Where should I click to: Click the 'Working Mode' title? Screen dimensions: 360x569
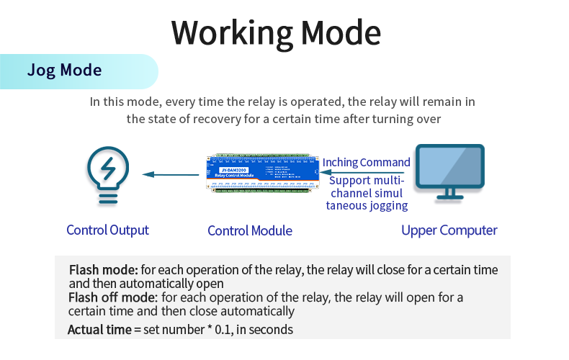click(276, 33)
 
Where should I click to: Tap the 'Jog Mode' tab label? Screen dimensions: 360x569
click(64, 71)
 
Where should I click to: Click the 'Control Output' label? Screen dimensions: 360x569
click(107, 230)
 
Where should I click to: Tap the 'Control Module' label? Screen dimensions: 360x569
click(250, 231)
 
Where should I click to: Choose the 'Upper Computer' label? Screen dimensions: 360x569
click(449, 230)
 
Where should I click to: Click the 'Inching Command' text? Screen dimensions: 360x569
click(366, 163)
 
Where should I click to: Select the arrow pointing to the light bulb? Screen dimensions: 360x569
click(170, 174)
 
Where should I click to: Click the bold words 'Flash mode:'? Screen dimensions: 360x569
click(103, 271)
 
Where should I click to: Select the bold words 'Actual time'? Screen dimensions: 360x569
click(99, 330)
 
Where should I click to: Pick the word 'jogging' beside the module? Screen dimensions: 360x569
click(387, 206)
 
